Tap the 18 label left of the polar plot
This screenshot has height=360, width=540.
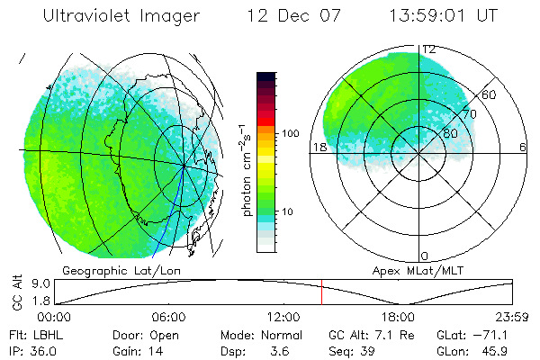tap(318, 148)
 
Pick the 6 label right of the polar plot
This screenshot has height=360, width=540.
tap(523, 148)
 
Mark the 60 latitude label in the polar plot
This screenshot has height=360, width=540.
tap(490, 94)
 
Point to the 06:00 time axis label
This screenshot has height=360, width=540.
tap(168, 317)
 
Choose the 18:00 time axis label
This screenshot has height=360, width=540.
tap(397, 317)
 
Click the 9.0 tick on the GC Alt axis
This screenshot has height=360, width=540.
tap(30, 283)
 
